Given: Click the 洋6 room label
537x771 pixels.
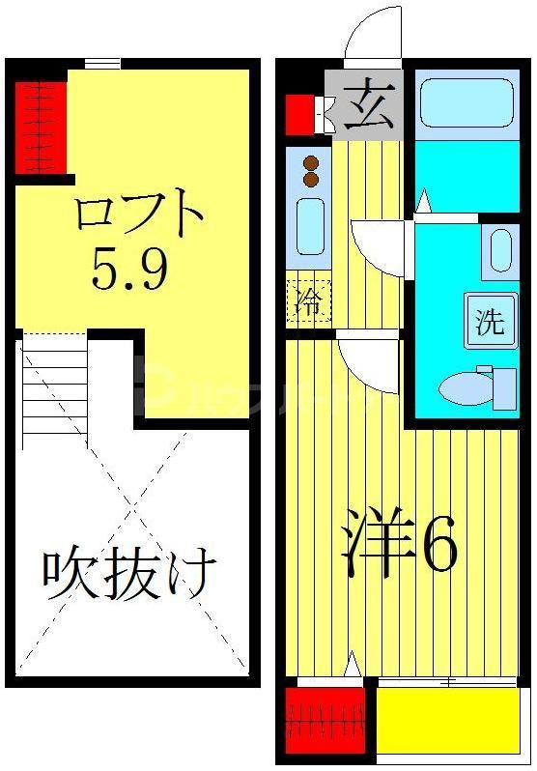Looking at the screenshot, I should [x=400, y=549].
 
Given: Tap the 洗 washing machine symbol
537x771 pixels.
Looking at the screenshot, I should [x=489, y=321].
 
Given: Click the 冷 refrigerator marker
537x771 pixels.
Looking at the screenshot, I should [x=308, y=300].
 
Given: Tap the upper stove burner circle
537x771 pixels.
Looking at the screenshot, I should [x=311, y=163].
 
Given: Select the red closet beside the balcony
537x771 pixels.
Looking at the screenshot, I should [x=325, y=720].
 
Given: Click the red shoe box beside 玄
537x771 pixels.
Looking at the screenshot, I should [x=300, y=114].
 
